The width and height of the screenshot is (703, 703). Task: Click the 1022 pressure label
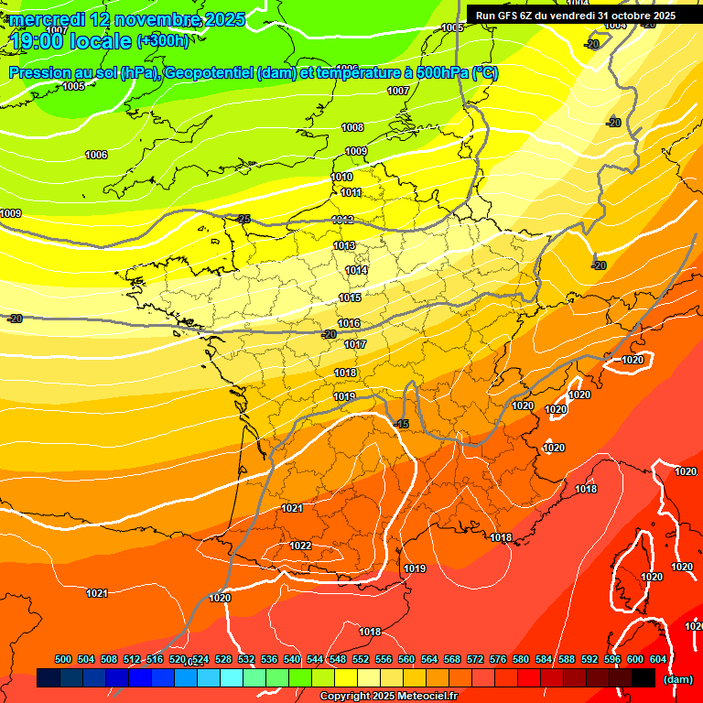coord(300,546)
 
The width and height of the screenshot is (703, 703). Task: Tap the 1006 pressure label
coord(96,155)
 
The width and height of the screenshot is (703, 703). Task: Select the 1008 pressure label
coord(352,127)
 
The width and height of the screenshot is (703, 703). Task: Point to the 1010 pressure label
coord(341,177)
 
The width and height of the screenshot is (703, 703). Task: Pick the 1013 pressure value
coord(344,246)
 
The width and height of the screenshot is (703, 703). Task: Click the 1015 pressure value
coord(350,297)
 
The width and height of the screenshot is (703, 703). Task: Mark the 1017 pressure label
coord(355,345)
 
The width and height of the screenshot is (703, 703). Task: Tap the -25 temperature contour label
coord(243,219)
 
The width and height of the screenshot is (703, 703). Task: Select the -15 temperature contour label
coord(401,424)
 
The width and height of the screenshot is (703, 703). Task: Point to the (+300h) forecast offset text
coord(162,40)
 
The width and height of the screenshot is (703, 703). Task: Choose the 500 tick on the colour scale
coord(63,659)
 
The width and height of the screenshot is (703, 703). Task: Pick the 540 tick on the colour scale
coord(292,659)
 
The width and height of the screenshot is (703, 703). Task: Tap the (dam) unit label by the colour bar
coord(678,679)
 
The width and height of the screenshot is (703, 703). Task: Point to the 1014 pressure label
coord(357,270)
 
